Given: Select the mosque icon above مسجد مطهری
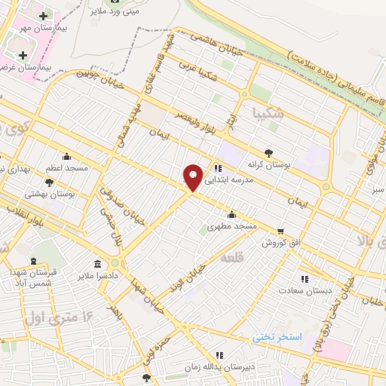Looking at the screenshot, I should (231, 213).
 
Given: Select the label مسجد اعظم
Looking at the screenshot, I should (67, 168).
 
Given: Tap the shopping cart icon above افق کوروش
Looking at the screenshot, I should (280, 231).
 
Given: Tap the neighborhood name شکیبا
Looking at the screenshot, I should (270, 112).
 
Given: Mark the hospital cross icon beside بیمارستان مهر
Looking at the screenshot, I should (43, 16).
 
